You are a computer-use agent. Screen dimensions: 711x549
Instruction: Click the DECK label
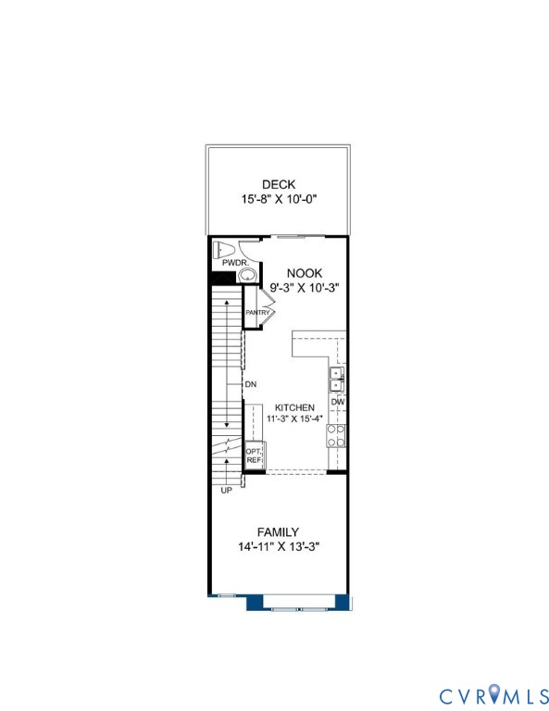pos(278,184)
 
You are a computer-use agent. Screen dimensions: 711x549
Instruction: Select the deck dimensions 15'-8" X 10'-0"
pos(278,199)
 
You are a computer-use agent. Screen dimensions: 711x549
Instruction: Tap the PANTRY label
pos(257,313)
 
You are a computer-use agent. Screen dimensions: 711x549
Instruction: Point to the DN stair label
pos(250,383)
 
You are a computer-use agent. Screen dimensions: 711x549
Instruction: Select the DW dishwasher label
pos(338,403)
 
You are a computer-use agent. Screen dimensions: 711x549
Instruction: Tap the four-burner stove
pos(337,436)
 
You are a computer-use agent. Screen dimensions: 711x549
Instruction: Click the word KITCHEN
pos(294,407)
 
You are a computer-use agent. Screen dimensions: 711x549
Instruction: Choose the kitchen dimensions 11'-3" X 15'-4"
pos(294,419)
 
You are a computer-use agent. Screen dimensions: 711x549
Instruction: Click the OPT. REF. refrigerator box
pos(255,456)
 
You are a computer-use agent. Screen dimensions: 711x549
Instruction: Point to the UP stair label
pos(226,490)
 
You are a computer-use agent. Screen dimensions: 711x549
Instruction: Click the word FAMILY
pos(278,532)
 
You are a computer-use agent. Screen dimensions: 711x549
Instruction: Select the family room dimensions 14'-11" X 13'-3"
pos(278,547)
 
